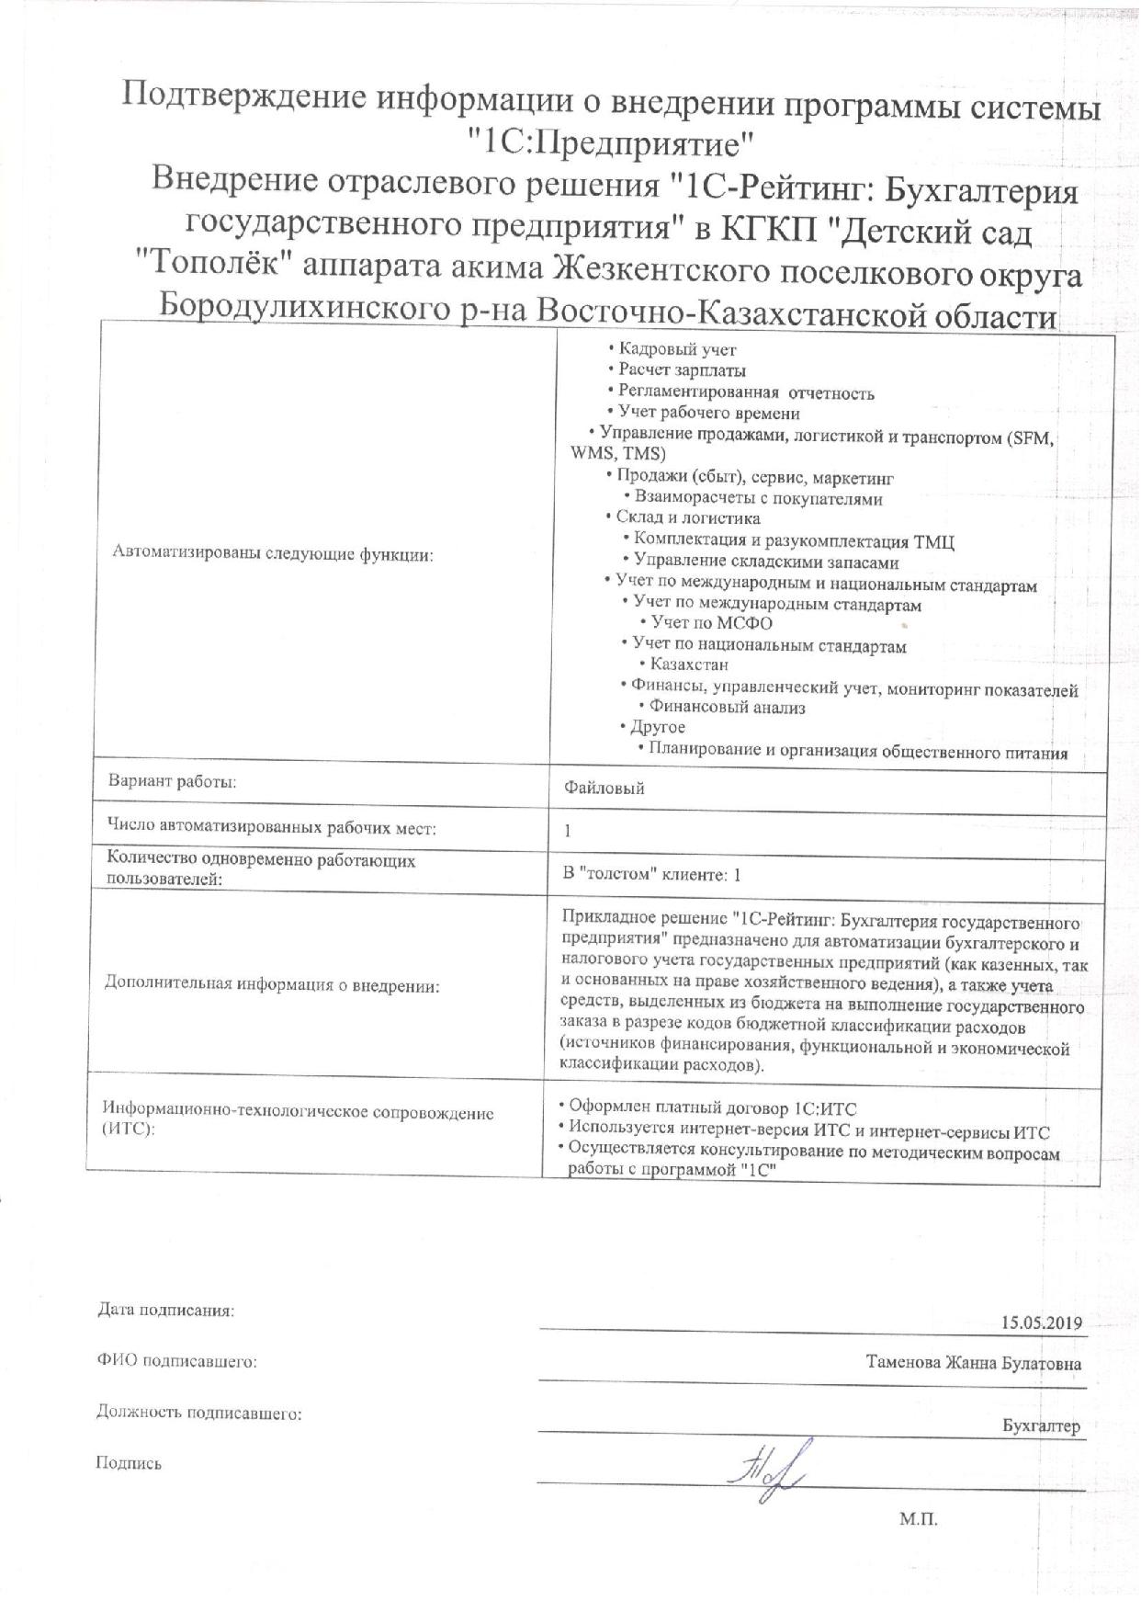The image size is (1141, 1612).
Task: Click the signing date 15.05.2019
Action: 1044,1323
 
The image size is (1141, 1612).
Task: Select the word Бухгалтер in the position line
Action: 1042,1426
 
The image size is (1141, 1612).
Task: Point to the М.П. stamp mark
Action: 918,1519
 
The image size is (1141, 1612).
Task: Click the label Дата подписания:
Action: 166,1311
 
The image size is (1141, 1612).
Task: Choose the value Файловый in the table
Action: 604,788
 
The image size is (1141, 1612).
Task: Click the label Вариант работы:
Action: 172,782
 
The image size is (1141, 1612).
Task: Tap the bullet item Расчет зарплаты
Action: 682,370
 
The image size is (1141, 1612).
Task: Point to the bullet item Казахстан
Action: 688,664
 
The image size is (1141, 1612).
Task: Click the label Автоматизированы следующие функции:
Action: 273,552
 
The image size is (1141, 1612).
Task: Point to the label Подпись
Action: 129,1463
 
